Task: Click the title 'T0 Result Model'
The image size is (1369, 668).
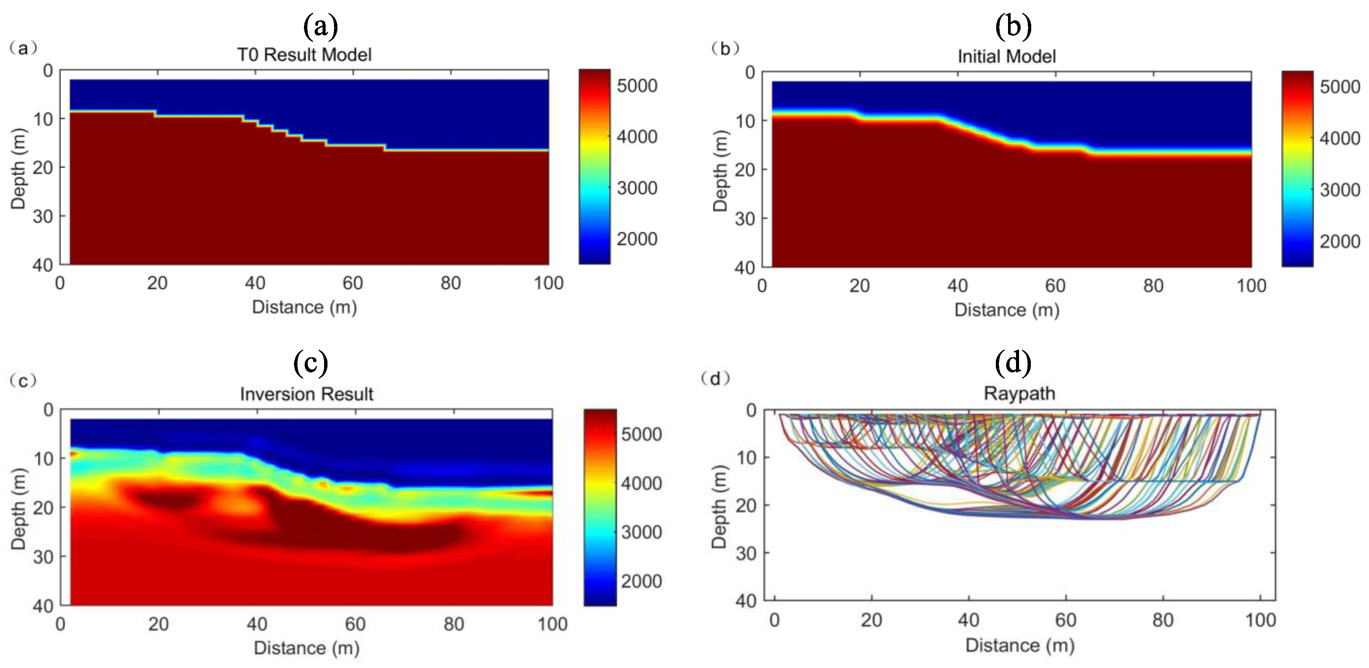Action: [x=304, y=55]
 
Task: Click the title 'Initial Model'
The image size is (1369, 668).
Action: [x=1006, y=56]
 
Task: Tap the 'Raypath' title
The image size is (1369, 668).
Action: [x=1019, y=393]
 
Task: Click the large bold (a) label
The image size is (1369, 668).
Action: [x=320, y=25]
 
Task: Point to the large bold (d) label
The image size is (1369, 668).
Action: [x=1013, y=363]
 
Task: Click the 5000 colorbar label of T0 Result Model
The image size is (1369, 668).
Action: [x=637, y=86]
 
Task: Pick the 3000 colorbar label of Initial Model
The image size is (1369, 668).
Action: [x=1339, y=190]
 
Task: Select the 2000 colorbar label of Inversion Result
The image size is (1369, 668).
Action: [x=641, y=581]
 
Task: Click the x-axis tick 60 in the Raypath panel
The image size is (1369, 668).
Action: [x=1065, y=620]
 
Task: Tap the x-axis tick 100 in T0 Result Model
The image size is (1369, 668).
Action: [x=549, y=283]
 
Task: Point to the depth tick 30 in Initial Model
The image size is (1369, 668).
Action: [x=744, y=218]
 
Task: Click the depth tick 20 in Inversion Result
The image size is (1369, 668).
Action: [x=43, y=507]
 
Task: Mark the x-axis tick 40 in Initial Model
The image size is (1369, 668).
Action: [x=957, y=286]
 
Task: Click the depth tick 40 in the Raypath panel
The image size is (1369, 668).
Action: [x=746, y=601]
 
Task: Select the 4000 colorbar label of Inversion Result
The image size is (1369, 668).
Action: [x=641, y=483]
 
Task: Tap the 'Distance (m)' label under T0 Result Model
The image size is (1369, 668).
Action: [x=304, y=307]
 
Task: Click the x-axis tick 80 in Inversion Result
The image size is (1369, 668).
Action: [x=453, y=624]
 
